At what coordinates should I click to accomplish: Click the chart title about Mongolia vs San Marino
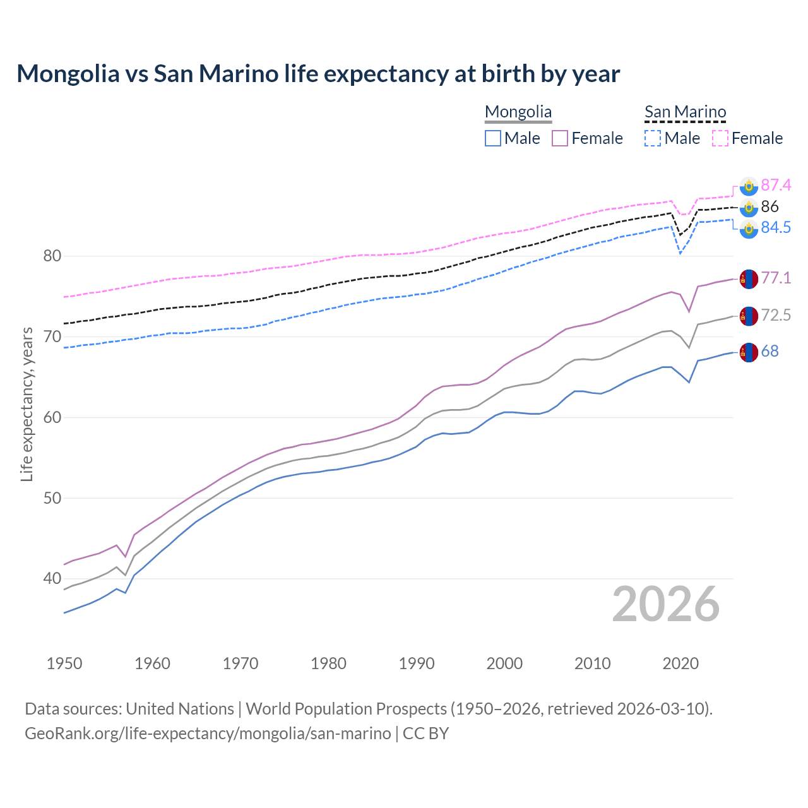(x=318, y=74)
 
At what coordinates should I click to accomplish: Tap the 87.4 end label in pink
(x=776, y=185)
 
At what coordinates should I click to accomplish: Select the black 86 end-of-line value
(x=769, y=206)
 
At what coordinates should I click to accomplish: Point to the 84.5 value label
(x=776, y=227)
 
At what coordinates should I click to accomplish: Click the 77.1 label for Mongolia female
(x=776, y=278)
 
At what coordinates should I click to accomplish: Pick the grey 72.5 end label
(x=776, y=315)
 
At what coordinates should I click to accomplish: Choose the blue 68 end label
(x=769, y=351)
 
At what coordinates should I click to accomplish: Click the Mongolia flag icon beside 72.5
(x=749, y=316)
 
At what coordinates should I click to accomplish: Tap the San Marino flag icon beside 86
(x=749, y=207)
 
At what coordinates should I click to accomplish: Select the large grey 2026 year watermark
(x=665, y=604)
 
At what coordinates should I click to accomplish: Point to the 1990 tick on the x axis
(x=417, y=663)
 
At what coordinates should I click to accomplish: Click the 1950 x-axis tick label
(x=64, y=663)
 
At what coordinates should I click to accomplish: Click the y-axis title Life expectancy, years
(x=27, y=404)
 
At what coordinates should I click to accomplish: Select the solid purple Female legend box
(x=561, y=138)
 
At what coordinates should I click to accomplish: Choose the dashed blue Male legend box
(x=653, y=138)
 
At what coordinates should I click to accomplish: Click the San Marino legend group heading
(x=685, y=112)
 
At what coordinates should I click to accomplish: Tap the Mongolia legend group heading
(x=518, y=112)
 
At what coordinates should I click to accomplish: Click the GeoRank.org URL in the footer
(x=208, y=734)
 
